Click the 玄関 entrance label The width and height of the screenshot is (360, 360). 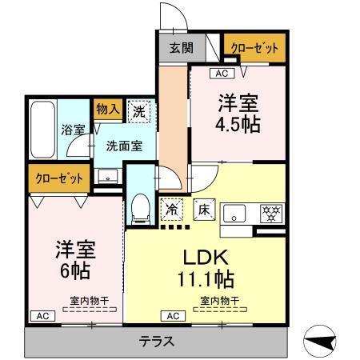pyautogui.click(x=181, y=47)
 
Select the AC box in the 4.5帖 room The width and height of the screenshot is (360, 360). pyautogui.click(x=221, y=74)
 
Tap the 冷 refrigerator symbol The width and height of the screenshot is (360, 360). pyautogui.click(x=171, y=209)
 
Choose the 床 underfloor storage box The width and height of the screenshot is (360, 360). pyautogui.click(x=203, y=210)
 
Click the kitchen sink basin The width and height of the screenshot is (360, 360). pyautogui.click(x=235, y=213)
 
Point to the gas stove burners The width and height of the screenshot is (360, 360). pyautogui.click(x=272, y=213)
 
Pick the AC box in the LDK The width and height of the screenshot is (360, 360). pyautogui.click(x=172, y=315)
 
